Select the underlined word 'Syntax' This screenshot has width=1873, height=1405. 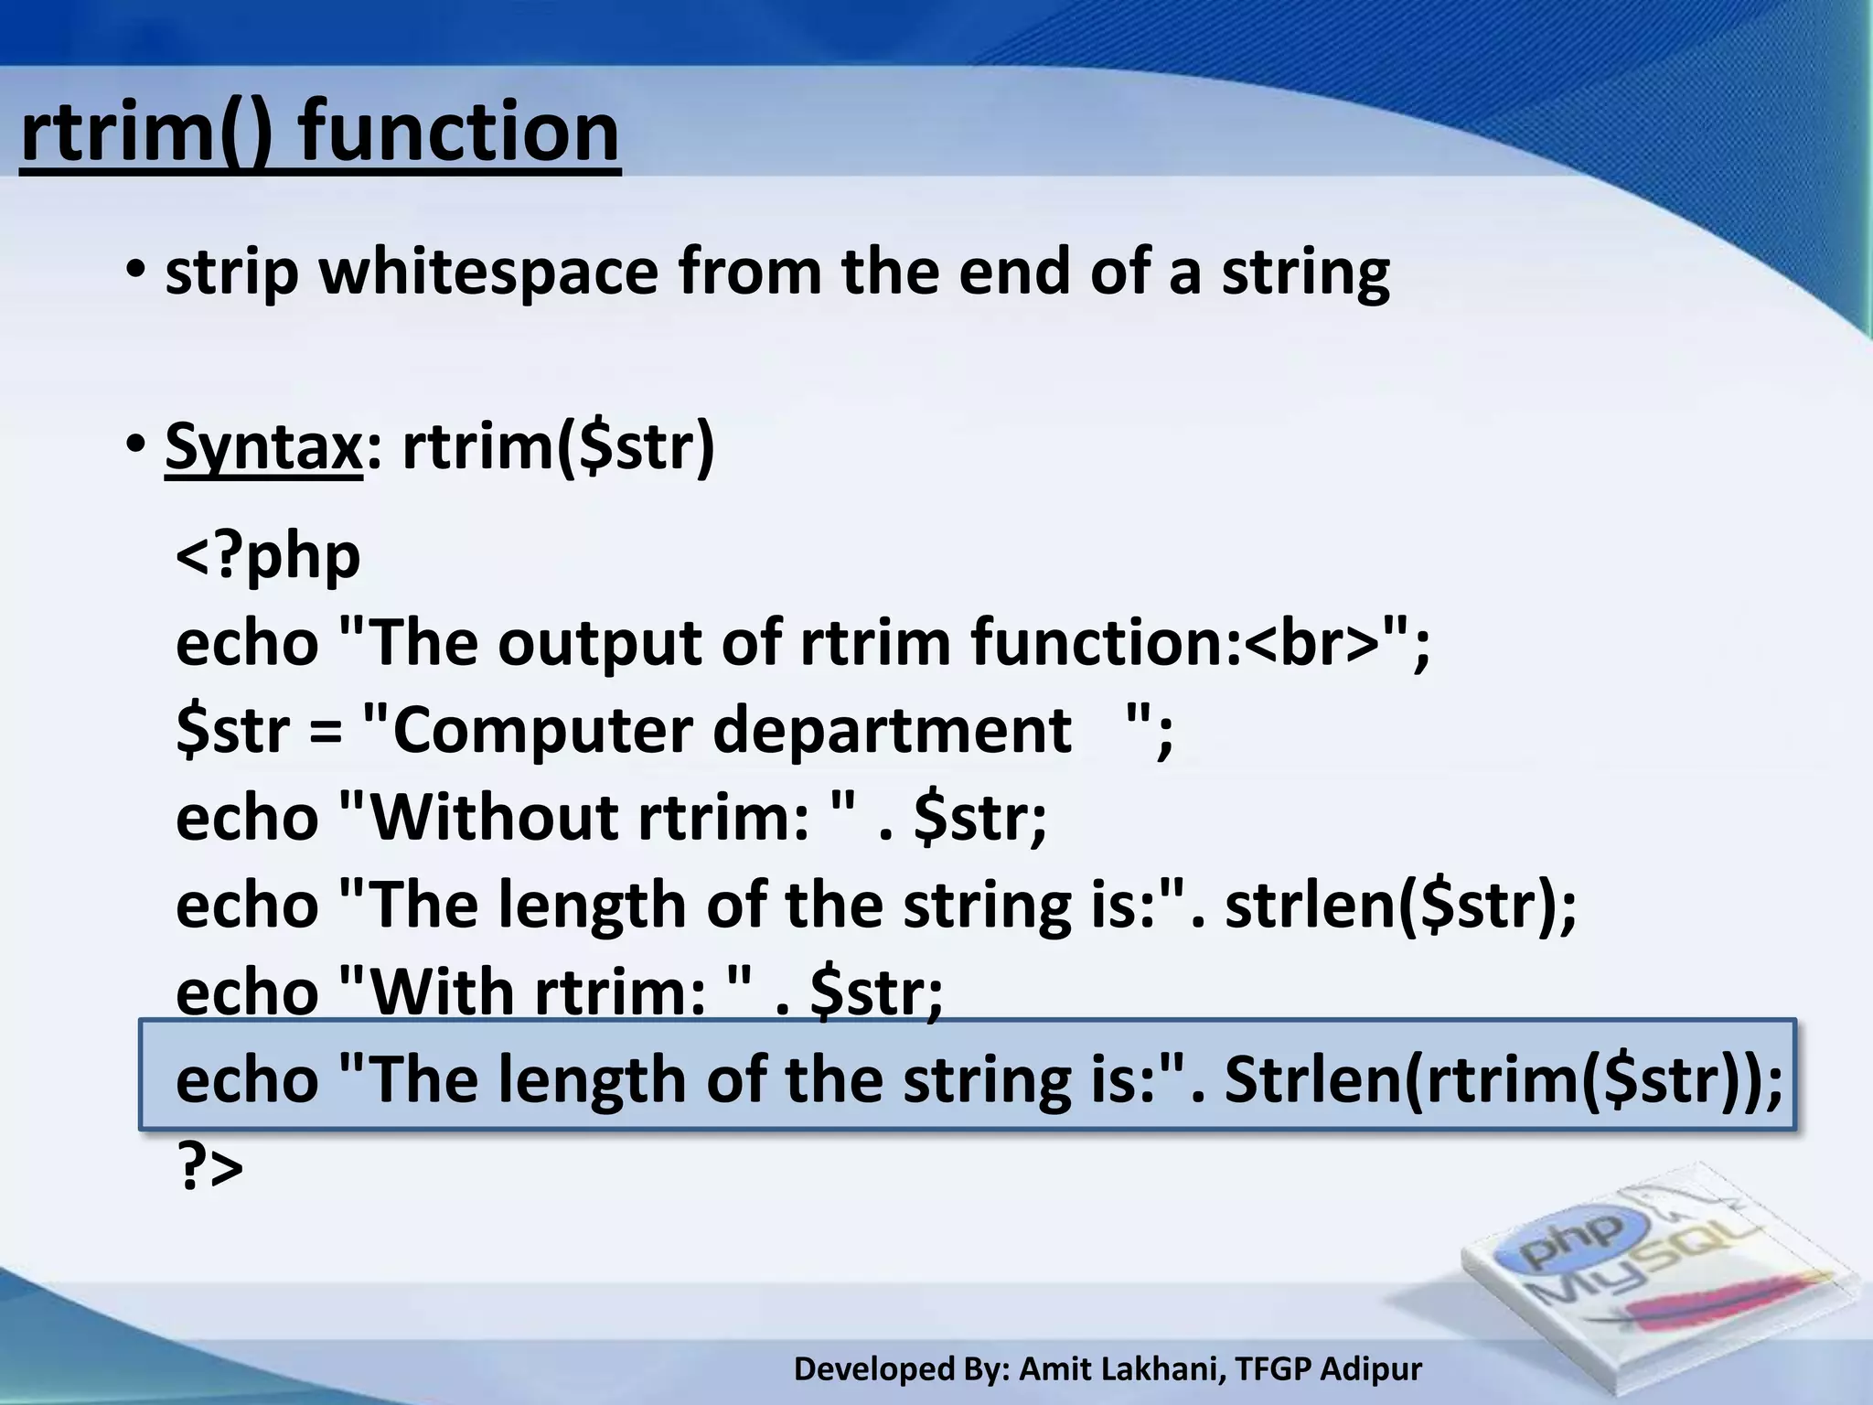click(x=263, y=446)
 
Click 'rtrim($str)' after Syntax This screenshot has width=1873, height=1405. click(x=558, y=446)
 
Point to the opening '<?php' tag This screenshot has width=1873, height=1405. click(x=268, y=555)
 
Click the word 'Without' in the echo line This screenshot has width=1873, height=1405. click(x=494, y=817)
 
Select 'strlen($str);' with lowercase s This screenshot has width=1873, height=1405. click(x=1400, y=905)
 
